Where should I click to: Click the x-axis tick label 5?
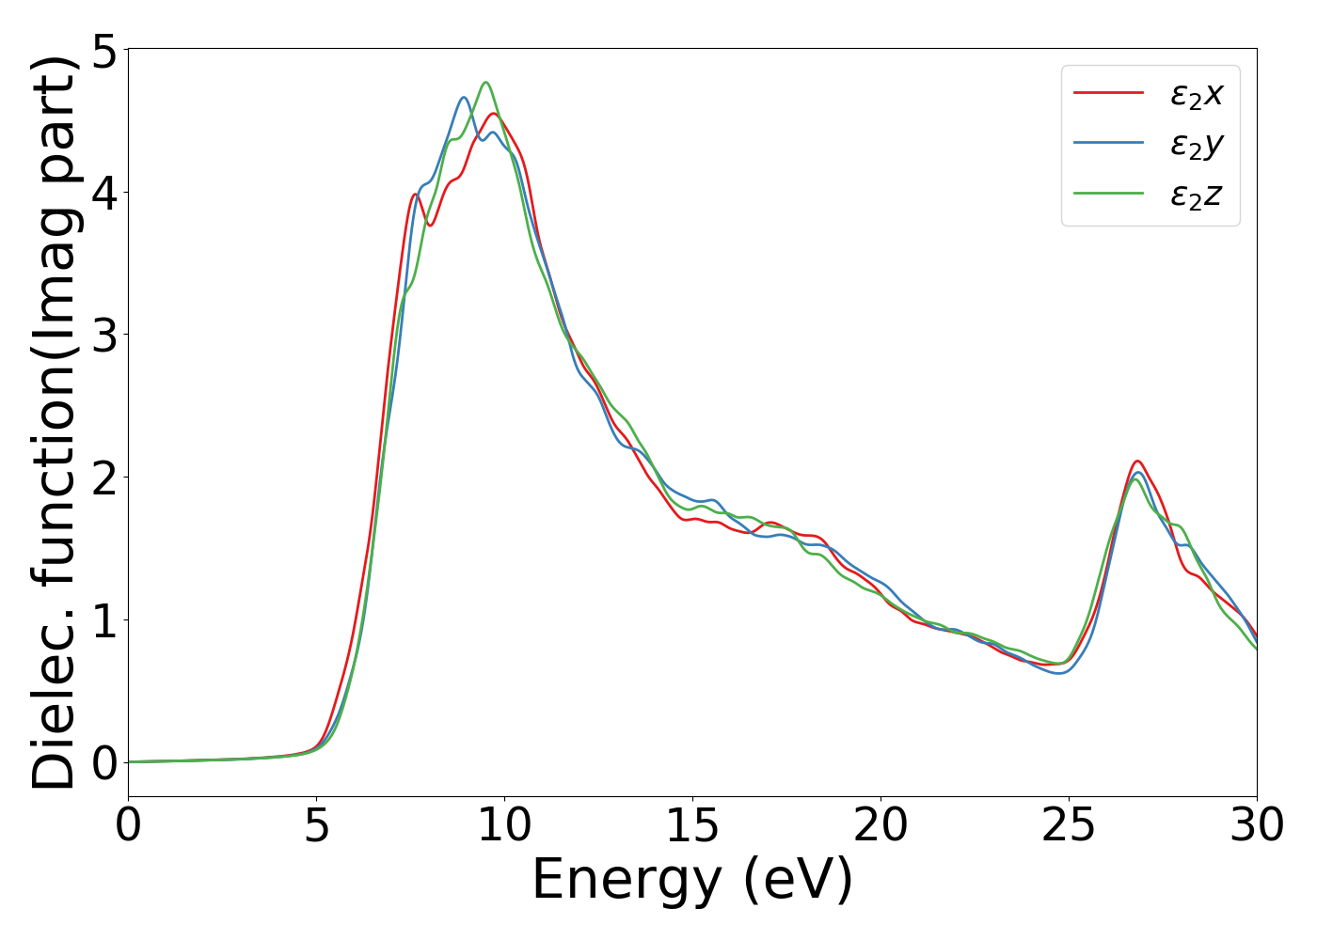(x=317, y=827)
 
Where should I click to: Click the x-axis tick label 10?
(x=505, y=827)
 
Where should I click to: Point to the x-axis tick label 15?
(x=693, y=827)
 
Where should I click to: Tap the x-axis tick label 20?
(x=881, y=827)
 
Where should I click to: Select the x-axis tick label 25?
(x=1070, y=827)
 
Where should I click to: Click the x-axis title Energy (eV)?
(x=692, y=881)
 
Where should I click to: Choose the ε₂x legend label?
(x=1196, y=93)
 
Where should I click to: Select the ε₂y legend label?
(x=1196, y=144)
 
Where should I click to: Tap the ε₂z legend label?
(x=1196, y=194)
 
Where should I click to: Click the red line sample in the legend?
(x=1108, y=92)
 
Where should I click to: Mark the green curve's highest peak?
(x=486, y=83)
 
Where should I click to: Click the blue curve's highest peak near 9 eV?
(x=464, y=97)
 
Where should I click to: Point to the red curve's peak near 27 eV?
(x=1138, y=461)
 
